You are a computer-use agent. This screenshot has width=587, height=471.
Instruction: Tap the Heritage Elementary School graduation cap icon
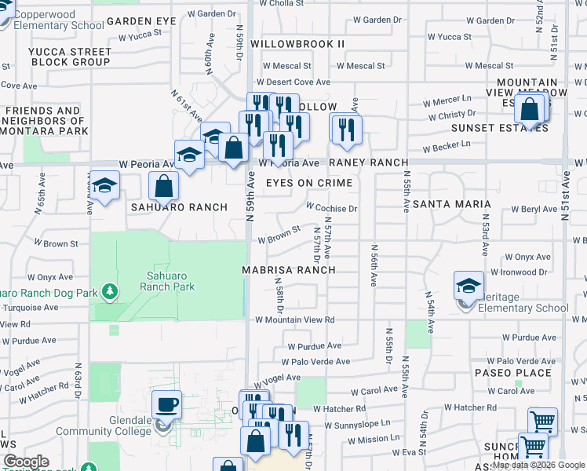pos(468,287)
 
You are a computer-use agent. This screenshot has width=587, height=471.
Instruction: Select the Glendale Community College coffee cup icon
pos(166,405)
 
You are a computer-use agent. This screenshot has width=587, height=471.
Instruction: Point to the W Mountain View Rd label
pos(295,319)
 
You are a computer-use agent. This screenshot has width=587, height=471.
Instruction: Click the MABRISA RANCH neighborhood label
pos(288,270)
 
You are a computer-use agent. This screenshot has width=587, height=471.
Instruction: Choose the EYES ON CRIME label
pos(308,183)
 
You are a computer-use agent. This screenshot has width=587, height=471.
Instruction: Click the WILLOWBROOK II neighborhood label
pos(297,44)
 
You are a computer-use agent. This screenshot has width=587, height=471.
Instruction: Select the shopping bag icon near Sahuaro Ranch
pos(164,187)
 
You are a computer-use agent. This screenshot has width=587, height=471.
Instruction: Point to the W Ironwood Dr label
pos(520,272)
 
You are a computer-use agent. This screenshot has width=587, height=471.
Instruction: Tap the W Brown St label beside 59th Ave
pos(279,234)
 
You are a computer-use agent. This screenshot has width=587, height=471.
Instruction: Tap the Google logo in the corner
pos(26,462)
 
